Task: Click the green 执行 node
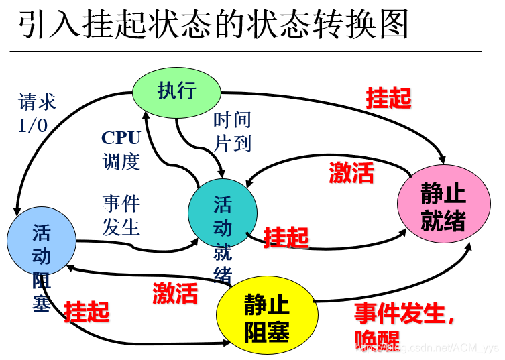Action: (176, 92)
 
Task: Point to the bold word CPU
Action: (121, 138)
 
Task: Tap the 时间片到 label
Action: (232, 131)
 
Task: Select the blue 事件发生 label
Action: (121, 215)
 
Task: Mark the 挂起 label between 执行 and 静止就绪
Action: (388, 98)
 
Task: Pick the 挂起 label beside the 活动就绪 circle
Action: (286, 237)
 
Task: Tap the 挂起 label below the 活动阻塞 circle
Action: (87, 311)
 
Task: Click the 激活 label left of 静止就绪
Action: (351, 172)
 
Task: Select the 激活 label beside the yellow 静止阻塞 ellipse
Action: (175, 293)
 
